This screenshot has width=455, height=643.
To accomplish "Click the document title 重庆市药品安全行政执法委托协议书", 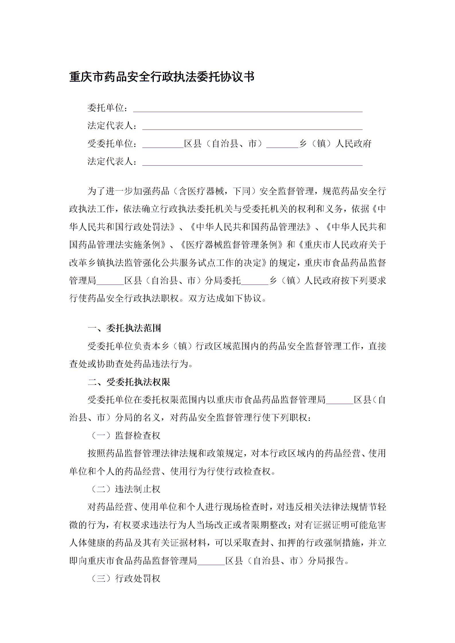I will point(162,77).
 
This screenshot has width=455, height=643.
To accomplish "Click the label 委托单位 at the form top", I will point(106,108).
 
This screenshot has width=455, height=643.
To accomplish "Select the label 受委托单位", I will point(110,144).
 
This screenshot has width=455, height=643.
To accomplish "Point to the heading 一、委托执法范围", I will point(125,328).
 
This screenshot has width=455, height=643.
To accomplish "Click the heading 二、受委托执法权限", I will point(129,382).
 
